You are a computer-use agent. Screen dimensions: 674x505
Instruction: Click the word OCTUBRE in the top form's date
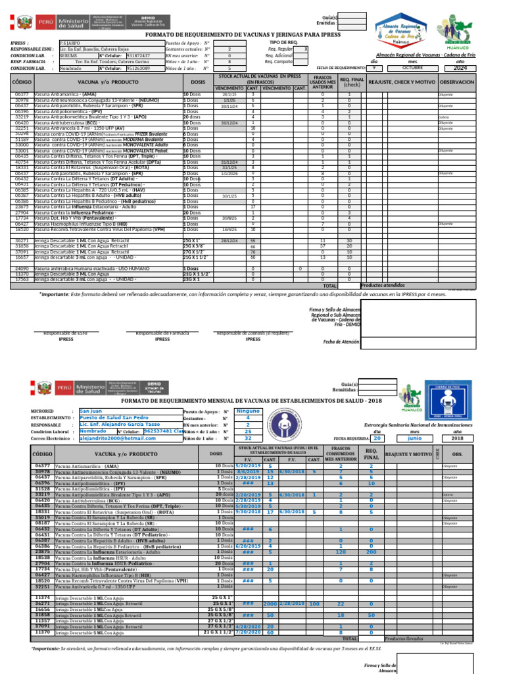[412, 68]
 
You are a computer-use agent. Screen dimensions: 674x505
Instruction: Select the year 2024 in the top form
[460, 68]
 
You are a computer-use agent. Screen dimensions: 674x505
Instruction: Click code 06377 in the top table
[21, 95]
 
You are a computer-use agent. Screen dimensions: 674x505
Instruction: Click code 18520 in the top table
[21, 229]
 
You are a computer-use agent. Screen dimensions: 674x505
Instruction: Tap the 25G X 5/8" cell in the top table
[195, 246]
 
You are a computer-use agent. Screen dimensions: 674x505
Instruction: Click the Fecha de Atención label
[341, 342]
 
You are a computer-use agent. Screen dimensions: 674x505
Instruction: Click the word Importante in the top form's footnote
[54, 294]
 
